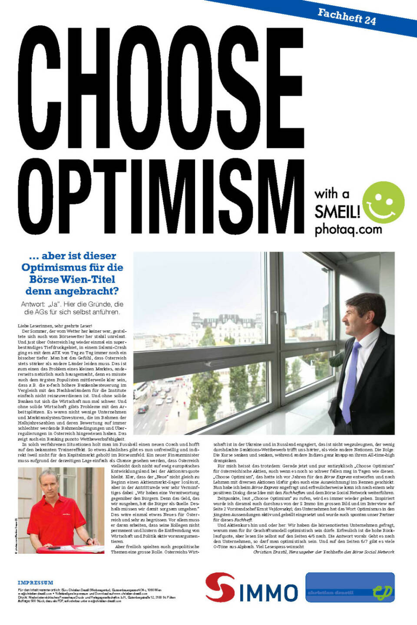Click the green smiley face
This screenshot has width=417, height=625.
pos(383,202)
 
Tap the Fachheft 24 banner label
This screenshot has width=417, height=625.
pos(347,17)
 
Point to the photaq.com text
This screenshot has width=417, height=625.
pos(348,229)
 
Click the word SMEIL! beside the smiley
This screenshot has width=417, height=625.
pos(337,212)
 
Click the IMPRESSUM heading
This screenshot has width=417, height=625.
pos(35,582)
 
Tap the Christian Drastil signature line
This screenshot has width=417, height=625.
pos(323,552)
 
